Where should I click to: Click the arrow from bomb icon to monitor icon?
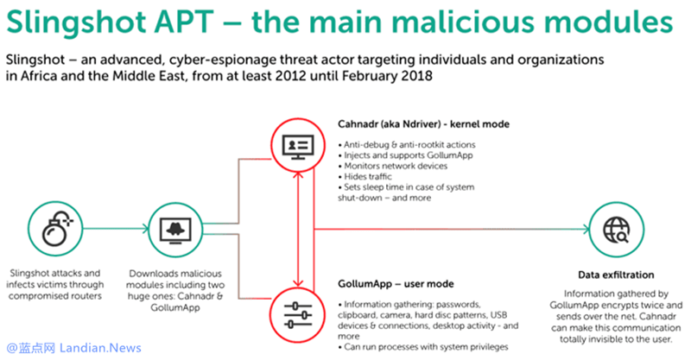click(x=111, y=230)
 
